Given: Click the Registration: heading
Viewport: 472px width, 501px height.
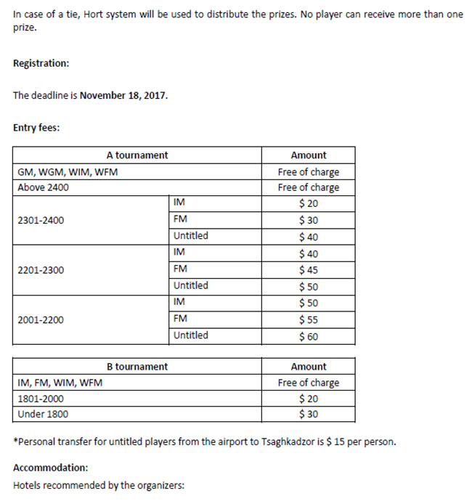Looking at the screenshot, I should point(41,63).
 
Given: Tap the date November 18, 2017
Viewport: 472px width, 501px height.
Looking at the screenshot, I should point(123,95).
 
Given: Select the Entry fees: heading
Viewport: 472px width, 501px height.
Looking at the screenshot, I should point(36,128).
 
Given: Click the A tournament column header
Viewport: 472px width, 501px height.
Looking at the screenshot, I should point(137,155).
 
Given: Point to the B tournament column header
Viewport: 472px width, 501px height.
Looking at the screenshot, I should point(137,367).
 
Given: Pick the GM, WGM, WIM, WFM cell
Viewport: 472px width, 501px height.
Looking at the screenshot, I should point(67,172).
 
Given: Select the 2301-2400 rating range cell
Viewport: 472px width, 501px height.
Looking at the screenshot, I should point(41,220).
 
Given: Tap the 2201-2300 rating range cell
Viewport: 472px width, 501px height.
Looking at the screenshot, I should point(41,270).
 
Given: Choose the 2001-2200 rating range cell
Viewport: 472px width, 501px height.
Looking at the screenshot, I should point(41,319).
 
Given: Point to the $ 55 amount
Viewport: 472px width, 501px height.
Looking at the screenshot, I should point(309,319).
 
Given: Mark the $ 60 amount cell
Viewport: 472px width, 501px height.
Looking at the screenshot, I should point(309,336).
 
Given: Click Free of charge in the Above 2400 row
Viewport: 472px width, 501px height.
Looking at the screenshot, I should point(309,187).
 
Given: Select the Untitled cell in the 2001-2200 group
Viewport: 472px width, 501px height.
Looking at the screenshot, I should point(191,335).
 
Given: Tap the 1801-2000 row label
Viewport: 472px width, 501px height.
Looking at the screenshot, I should point(41,399).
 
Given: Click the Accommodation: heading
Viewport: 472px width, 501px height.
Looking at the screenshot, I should point(50,468).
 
